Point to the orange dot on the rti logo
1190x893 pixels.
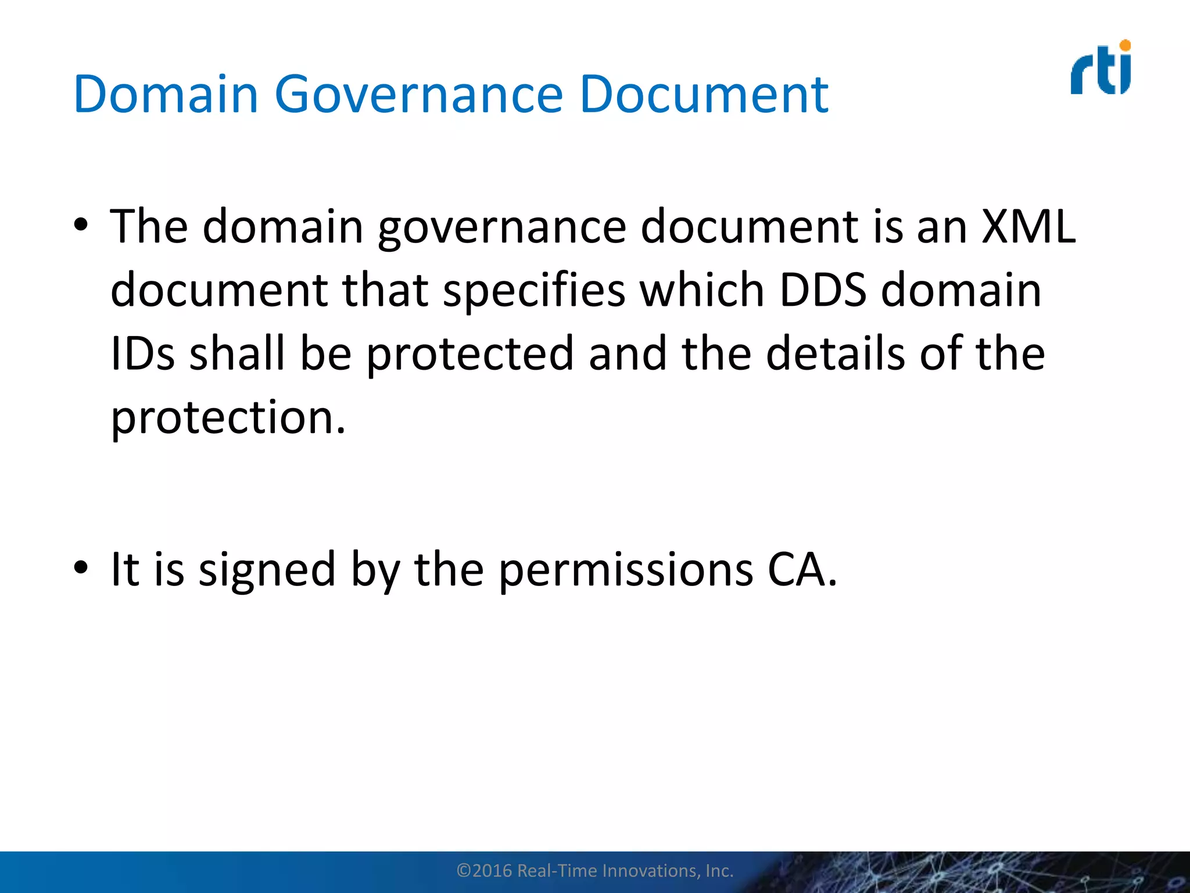click(1125, 45)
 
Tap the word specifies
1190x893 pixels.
click(534, 290)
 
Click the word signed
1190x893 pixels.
click(267, 570)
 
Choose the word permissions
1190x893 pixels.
click(626, 570)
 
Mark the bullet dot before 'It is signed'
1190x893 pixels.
click(81, 567)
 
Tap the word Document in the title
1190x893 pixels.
click(704, 95)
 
